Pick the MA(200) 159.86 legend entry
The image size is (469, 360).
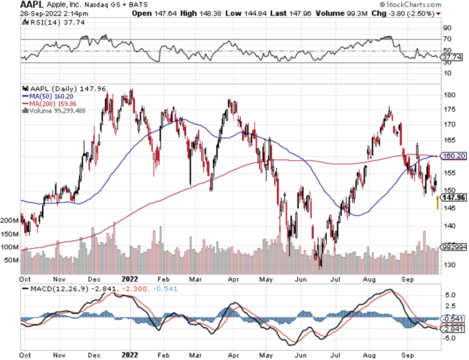click(51, 103)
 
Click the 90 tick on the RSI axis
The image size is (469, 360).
click(447, 28)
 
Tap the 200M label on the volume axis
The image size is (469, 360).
click(11, 220)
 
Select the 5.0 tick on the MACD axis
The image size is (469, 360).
click(449, 294)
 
